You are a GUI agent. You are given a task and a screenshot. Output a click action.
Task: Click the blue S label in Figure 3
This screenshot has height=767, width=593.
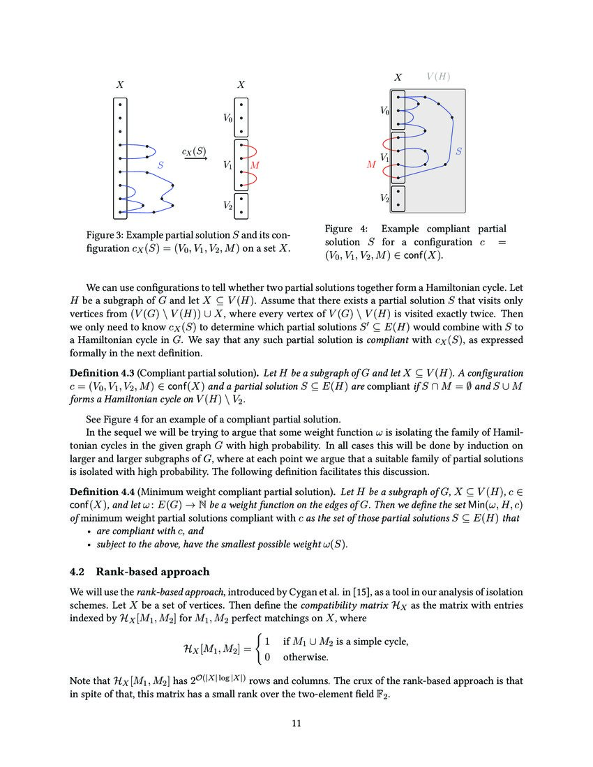point(160,166)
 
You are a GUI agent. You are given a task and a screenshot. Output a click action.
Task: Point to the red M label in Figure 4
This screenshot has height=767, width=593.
point(371,165)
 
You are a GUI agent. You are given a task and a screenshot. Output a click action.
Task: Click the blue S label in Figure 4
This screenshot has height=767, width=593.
point(458,151)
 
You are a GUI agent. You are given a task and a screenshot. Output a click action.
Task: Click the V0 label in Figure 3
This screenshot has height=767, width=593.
point(228,119)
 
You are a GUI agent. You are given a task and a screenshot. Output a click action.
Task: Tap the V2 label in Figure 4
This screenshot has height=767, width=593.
point(384,198)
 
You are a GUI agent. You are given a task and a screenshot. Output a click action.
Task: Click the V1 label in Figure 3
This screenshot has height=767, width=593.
point(228,166)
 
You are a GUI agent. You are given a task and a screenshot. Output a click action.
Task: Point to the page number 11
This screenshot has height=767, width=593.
point(296,723)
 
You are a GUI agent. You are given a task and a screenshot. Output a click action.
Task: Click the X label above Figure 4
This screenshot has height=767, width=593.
point(398,78)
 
